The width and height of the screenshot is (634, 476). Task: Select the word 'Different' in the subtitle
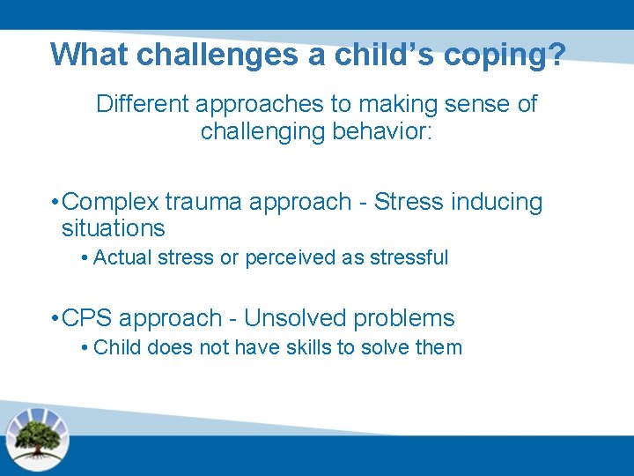click(x=142, y=104)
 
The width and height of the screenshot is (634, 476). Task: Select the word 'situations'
click(x=113, y=228)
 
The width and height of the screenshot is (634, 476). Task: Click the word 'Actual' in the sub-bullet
click(x=121, y=257)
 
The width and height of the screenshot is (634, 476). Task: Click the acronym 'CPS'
click(x=88, y=318)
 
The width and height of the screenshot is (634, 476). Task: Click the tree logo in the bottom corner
click(x=37, y=436)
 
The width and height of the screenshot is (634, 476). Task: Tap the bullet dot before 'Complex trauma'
click(x=55, y=203)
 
